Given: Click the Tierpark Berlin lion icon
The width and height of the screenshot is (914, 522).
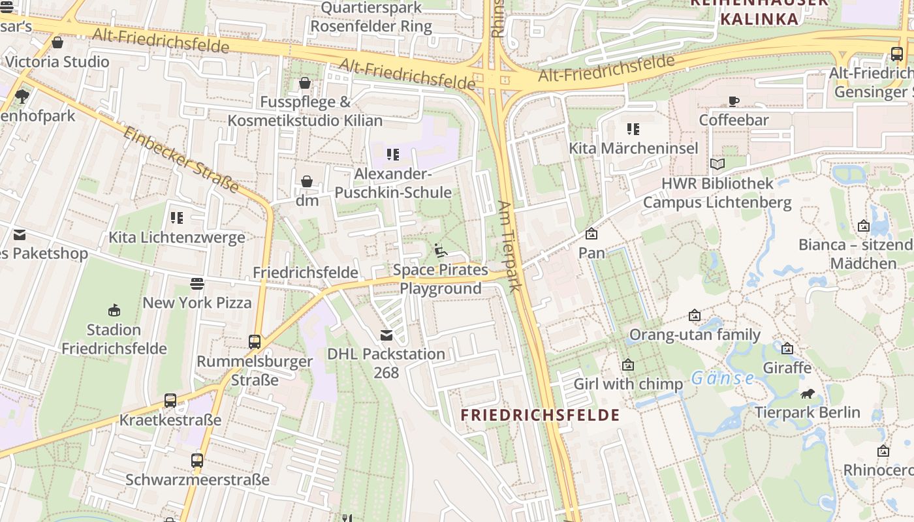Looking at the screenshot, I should click(808, 393).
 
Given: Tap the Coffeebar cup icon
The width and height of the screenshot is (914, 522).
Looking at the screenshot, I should click(734, 101).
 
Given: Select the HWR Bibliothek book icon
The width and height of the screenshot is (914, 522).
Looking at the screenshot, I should click(717, 164).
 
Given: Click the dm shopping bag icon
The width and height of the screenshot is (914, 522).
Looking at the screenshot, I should click(306, 181).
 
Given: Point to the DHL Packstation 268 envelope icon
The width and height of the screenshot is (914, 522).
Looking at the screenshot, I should click(386, 335).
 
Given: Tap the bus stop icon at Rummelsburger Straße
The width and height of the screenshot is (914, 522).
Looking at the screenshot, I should click(255, 341).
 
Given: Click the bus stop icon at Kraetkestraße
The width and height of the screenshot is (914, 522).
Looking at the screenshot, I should click(170, 401).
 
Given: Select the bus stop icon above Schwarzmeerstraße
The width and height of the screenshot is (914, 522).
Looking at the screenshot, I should click(197, 460).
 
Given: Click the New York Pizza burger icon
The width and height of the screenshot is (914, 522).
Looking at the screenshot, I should click(197, 284).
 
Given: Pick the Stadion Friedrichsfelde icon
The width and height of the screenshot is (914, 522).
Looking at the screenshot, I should click(114, 310).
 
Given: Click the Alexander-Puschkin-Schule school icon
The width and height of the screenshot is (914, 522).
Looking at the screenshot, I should click(392, 155).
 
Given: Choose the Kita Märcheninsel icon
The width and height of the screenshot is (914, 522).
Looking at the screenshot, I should click(633, 129).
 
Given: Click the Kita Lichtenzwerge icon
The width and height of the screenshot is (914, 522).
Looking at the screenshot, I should click(177, 217).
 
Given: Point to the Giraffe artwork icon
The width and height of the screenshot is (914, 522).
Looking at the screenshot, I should click(787, 348).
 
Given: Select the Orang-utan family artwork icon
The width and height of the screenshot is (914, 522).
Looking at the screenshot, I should click(695, 316).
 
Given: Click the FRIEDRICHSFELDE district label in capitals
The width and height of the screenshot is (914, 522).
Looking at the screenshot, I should click(540, 415).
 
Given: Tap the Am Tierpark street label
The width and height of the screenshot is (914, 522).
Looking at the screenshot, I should click(511, 245).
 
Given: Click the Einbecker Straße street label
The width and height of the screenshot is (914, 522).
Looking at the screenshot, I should click(181, 160).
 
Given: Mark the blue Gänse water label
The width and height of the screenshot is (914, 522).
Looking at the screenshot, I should click(723, 378).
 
